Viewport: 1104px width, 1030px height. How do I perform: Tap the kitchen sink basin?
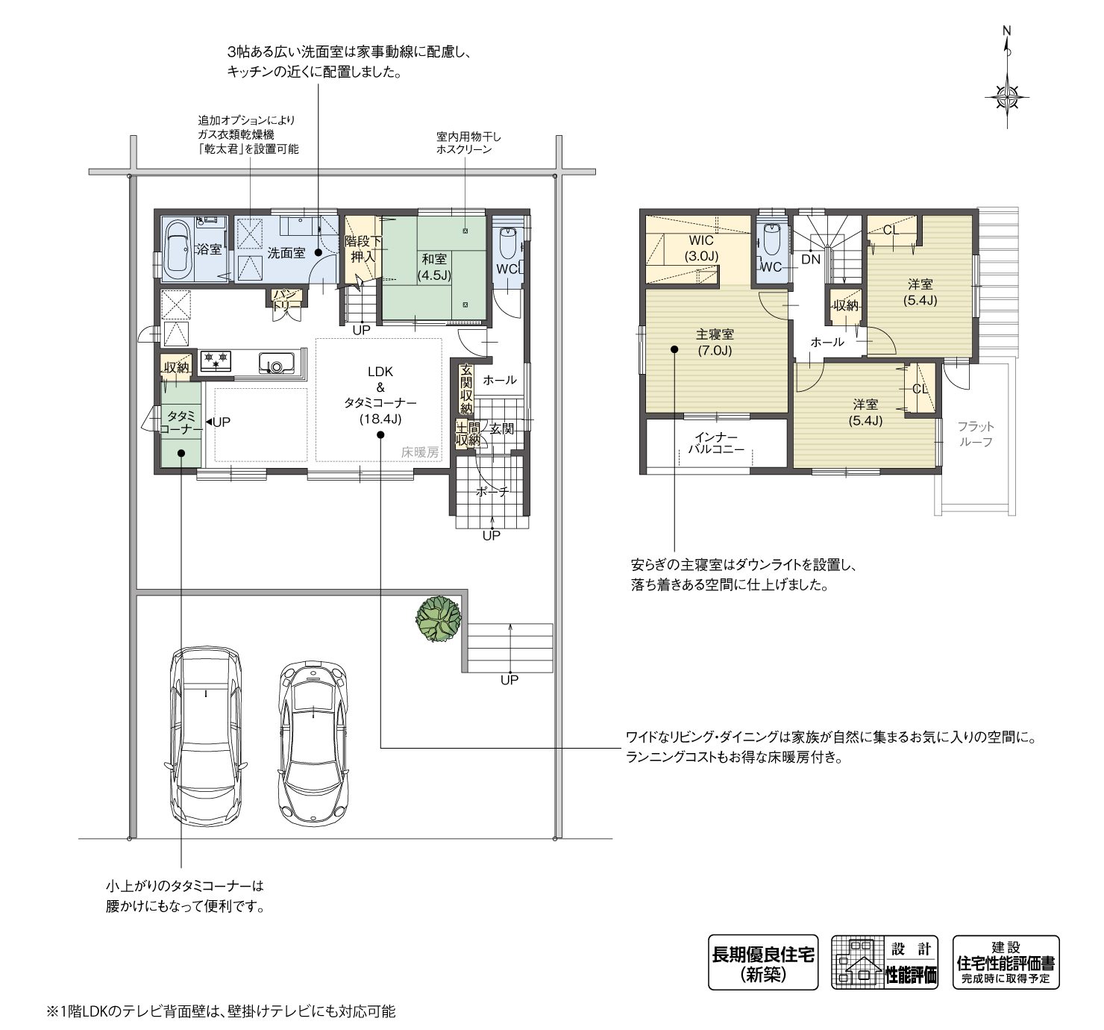click(276, 363)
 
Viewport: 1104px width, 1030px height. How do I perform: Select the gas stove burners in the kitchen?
click(215, 360)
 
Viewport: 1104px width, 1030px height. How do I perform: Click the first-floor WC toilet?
click(509, 240)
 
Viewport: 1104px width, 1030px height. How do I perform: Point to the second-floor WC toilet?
click(771, 238)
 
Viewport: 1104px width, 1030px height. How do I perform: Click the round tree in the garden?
click(439, 618)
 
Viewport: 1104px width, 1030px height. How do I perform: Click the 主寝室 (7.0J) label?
click(715, 343)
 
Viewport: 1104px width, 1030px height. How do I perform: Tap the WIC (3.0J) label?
click(701, 249)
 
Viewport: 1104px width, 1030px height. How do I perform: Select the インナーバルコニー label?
click(716, 443)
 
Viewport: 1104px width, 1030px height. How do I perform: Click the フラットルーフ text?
click(976, 434)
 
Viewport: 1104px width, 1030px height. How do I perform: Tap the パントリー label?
click(287, 300)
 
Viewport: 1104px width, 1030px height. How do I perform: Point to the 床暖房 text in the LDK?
click(420, 452)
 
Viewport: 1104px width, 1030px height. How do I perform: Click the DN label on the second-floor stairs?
click(811, 259)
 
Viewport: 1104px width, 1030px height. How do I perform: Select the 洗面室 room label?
click(286, 253)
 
